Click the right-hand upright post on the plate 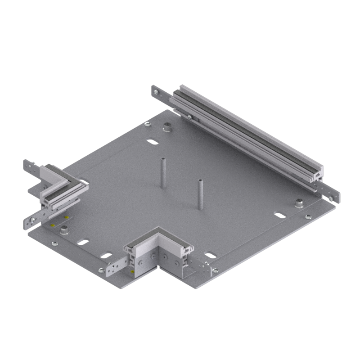200,193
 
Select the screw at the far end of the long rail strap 156,93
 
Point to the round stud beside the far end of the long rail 168,127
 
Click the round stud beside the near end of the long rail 299,203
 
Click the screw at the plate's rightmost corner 309,217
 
